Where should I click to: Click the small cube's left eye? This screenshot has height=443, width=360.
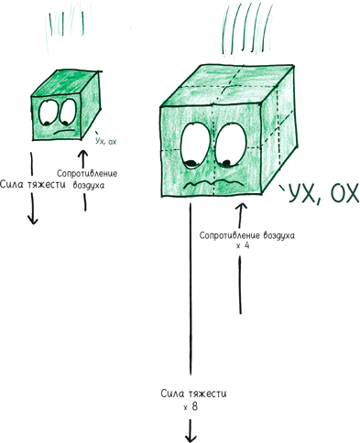(x=47, y=113)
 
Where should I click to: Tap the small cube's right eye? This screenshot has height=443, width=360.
(x=68, y=112)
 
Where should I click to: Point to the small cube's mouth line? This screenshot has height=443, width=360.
(x=64, y=132)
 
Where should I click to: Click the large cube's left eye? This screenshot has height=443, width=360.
(x=195, y=146)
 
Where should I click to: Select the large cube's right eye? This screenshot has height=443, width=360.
(x=231, y=146)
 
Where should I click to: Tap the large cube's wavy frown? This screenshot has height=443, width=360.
(x=213, y=184)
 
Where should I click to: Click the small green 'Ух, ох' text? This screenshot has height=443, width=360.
(x=105, y=140)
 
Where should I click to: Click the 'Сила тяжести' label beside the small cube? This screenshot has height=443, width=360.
(x=33, y=185)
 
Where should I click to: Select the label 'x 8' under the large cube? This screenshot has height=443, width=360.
(x=191, y=406)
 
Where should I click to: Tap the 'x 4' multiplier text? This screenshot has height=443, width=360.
(x=243, y=245)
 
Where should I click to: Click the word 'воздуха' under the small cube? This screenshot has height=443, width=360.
(x=89, y=185)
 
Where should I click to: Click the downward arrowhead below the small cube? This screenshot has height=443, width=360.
(x=32, y=220)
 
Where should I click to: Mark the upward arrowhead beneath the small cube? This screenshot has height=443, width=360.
(x=83, y=154)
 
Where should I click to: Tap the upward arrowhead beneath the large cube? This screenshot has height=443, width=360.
(x=242, y=208)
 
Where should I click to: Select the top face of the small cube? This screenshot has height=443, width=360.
(x=65, y=83)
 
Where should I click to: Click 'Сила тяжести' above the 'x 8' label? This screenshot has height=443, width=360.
(x=193, y=394)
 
